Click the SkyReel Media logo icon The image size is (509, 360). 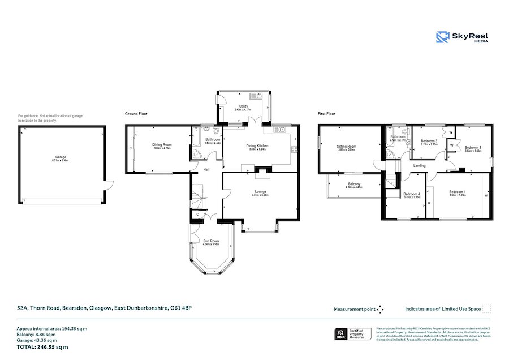(x=442, y=37)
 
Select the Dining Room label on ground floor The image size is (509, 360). (x=162, y=144)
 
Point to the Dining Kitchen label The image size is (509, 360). (x=257, y=146)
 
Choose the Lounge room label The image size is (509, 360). (x=260, y=192)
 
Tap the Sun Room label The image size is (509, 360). (x=211, y=242)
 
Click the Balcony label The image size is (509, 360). (x=354, y=184)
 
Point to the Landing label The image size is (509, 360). (x=420, y=166)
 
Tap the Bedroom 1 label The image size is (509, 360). (x=457, y=192)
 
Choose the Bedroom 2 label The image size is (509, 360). (x=473, y=148)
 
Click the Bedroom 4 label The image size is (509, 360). (x=411, y=195)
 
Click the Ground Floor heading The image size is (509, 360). (x=136, y=114)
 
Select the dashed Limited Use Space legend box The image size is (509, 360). (x=486, y=308)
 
